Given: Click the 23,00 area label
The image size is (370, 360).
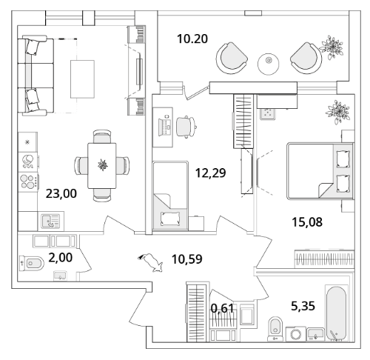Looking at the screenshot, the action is tap(61, 193).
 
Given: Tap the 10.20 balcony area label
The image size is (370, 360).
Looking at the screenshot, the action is tap(192, 39).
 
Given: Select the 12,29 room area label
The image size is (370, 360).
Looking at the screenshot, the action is tap(210, 173).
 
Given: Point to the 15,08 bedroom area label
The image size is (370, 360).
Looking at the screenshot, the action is tap(307, 222).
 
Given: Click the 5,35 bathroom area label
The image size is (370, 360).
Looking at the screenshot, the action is tap(303, 306).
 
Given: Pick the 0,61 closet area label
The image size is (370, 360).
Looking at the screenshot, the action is tap(222, 308).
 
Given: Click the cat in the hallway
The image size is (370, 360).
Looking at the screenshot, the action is tap(150, 262).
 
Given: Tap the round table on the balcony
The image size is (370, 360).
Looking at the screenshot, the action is tap(269, 64).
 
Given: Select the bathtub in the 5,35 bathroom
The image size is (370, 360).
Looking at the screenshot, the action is tap(337, 313).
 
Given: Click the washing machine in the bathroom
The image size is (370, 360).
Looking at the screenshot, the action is tap(296, 334).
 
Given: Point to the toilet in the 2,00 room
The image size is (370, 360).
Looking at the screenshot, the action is tap(32, 263).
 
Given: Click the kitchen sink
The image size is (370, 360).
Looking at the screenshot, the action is tap(51, 221).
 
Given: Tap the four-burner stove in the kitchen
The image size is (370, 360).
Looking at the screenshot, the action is tap(28, 182).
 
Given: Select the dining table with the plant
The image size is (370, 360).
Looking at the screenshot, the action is tap(102, 166).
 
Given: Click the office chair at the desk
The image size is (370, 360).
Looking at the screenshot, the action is tap(186, 127).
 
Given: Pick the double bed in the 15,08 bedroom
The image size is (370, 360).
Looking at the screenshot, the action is tap(320, 170).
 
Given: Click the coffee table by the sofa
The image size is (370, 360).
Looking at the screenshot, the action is tap(82, 79).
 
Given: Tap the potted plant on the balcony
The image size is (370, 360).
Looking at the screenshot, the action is tap(331, 48).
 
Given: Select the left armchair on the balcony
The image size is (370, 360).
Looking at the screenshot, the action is tap(232, 59).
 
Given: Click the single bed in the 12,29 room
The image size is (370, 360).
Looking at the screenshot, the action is tap(170, 196).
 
